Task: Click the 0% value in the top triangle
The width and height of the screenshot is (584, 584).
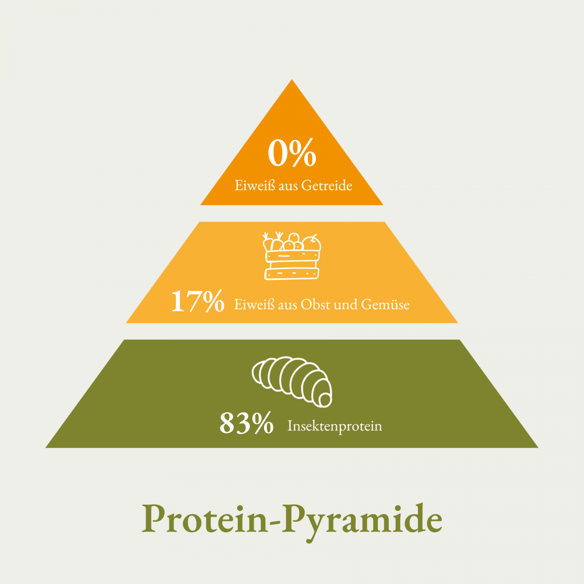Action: (x=292, y=153)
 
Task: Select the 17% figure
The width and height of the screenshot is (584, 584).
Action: (x=197, y=301)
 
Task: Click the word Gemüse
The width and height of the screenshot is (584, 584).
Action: (x=385, y=304)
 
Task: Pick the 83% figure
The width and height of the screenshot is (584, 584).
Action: (x=246, y=423)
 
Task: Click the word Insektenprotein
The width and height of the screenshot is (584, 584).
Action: (x=335, y=426)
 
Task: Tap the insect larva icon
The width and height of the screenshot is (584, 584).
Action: (x=292, y=382)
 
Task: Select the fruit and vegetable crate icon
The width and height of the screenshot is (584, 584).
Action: (x=292, y=256)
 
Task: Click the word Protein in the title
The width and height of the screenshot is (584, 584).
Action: (x=205, y=519)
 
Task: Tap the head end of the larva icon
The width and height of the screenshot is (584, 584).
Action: (x=325, y=400)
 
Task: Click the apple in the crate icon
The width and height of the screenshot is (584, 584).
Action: (x=311, y=243)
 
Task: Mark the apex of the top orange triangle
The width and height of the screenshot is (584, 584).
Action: (x=292, y=80)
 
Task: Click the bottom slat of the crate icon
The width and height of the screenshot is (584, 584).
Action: (x=292, y=274)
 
